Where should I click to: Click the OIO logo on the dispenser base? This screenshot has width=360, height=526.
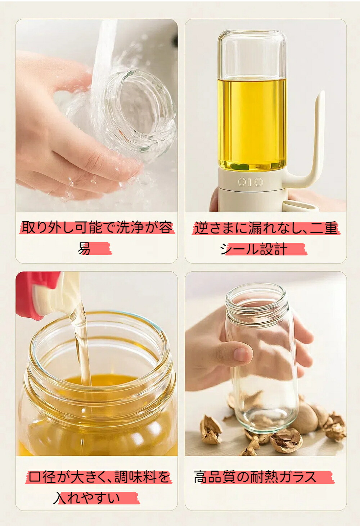[250, 182]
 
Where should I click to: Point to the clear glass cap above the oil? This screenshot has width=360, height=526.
[252, 54]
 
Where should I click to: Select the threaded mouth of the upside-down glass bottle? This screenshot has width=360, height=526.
[257, 303]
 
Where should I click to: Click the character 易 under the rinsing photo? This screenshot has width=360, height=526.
[84, 249]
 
